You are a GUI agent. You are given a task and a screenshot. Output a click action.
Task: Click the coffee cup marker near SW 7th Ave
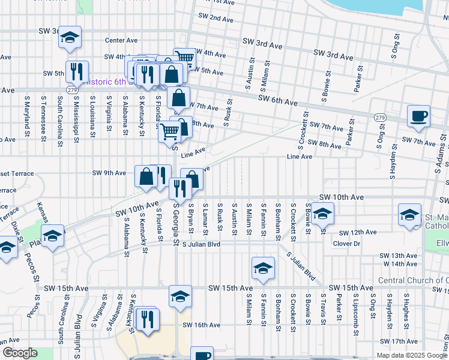click(418, 116)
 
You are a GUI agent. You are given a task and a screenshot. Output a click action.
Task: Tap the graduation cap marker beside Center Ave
click(70, 39)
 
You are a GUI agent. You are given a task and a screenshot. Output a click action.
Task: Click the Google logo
click(20, 353)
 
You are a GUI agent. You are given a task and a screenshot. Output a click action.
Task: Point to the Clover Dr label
click(346, 244)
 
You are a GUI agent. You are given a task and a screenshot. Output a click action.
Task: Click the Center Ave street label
click(121, 41)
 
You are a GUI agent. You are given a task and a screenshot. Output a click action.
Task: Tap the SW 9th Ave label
click(109, 173)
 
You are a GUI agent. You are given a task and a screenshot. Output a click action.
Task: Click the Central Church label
click(413, 281)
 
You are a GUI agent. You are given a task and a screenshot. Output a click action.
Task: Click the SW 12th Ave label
click(357, 232)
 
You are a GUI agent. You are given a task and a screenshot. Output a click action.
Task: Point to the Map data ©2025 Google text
click(411, 355)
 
